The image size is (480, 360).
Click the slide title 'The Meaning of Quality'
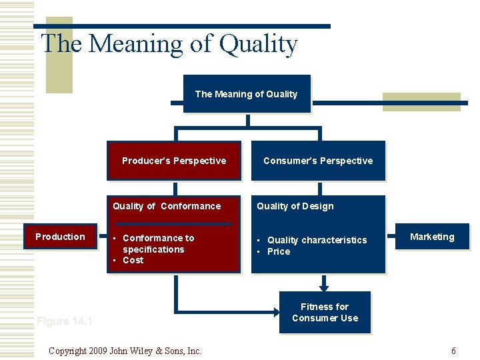169,44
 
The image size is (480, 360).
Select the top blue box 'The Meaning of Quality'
247,94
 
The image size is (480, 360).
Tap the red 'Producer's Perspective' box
174,161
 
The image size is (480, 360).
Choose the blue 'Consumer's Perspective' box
318,161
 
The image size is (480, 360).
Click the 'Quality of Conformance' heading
167,206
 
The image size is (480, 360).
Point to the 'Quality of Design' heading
295,206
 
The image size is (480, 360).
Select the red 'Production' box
60,237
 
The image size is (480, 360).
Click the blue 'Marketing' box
432,237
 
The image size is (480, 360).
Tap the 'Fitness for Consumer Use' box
325,312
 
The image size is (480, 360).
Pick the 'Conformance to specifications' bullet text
157,243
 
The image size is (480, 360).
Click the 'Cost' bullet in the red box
133,260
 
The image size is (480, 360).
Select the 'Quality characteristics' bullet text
317,240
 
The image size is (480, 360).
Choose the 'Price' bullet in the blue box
279,251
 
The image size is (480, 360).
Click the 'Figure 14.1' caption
65,321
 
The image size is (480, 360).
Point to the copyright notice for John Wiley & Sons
125,351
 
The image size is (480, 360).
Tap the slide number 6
453,351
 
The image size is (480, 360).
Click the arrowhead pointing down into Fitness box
325,288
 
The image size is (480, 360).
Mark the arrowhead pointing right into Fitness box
275,311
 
